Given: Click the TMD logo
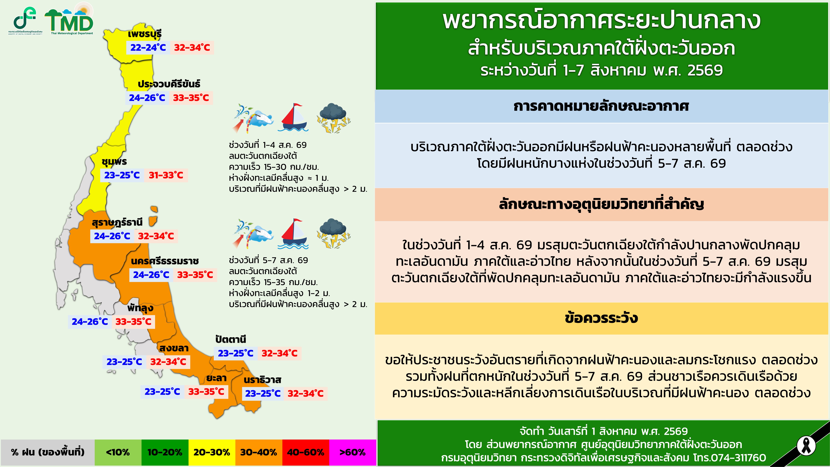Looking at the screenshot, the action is click(69, 20).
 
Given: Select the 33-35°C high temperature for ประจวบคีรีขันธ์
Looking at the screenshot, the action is click(191, 98).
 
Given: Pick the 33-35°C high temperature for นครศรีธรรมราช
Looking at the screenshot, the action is click(195, 275).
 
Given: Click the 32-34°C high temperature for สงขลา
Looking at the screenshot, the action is click(168, 362).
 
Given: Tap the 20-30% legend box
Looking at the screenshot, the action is click(212, 452).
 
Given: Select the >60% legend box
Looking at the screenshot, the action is click(353, 452).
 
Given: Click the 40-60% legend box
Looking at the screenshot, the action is click(305, 452).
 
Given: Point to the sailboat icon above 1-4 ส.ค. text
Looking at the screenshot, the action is click(293, 117).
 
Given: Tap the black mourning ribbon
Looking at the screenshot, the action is click(806, 446).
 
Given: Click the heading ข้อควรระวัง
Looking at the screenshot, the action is click(601, 318).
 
